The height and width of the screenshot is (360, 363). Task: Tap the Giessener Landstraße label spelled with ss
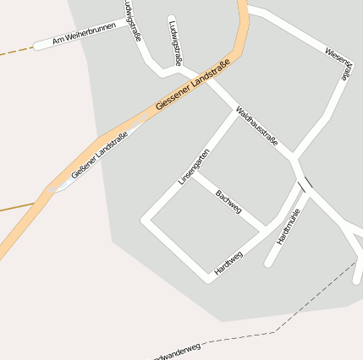click(194, 91)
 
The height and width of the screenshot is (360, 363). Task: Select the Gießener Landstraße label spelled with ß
click(100, 155)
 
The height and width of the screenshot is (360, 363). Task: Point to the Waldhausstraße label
click(256, 126)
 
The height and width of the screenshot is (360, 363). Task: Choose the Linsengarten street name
click(194, 166)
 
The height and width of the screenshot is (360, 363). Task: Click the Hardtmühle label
click(289, 226)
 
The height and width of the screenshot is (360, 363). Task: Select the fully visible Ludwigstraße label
click(175, 42)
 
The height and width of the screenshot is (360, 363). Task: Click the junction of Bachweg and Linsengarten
click(195, 176)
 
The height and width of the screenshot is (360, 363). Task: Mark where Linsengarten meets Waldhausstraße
click(236, 112)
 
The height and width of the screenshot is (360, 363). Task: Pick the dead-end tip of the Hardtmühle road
click(268, 263)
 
